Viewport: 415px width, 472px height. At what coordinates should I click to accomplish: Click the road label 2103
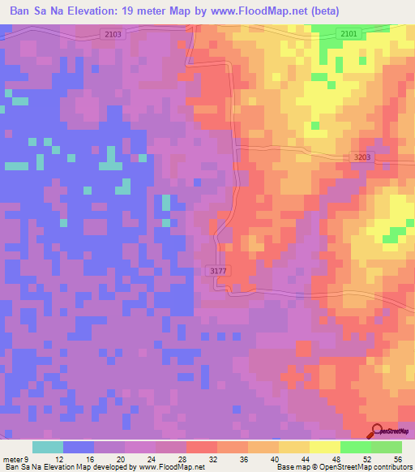pos(113,34)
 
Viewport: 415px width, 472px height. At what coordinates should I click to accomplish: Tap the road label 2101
pos(349,34)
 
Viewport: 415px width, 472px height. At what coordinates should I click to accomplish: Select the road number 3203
pos(363,159)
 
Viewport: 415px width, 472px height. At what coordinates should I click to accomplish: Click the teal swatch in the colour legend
pos(48,447)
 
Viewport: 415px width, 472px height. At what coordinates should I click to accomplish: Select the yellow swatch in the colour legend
pos(325,447)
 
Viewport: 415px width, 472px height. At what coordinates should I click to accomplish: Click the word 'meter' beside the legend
pos(13,460)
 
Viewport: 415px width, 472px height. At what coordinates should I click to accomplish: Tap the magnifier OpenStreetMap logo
pos(376,431)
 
